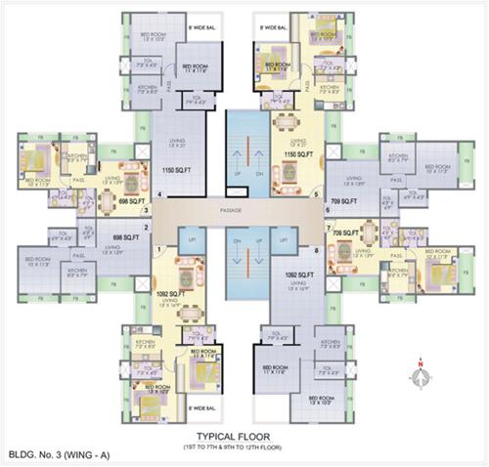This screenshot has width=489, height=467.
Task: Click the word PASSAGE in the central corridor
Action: [244, 210]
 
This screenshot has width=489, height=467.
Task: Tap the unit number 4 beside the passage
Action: [157, 193]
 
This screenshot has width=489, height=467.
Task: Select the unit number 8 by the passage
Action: [316, 251]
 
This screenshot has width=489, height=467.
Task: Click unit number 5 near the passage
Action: [315, 193]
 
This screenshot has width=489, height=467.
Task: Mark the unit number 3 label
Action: [146, 209]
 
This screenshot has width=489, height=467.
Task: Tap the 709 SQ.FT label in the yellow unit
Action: [344, 234]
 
